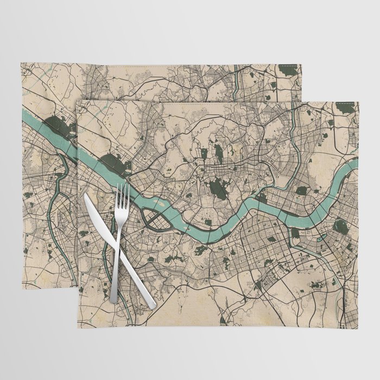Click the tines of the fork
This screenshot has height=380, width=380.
coord(122,195)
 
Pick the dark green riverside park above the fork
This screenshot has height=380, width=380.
coord(116,162)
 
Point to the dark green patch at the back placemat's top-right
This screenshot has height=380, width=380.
coord(288,69)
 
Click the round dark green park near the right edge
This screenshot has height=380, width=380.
coord(340,225)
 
